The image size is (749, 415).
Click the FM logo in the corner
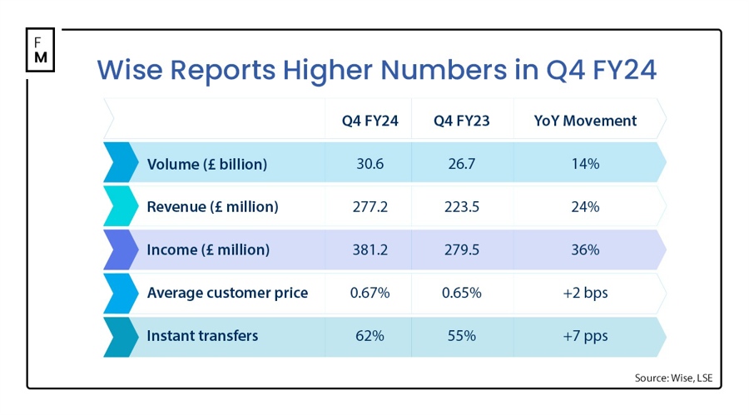point(41,50)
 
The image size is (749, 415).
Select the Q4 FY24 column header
point(370,121)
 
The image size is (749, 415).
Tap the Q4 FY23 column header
point(461,121)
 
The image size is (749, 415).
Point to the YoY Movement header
point(585,121)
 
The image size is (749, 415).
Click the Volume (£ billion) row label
point(206,164)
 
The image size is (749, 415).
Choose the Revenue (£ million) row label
point(212,207)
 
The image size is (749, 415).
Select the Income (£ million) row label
point(207,249)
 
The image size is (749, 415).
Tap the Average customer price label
point(227,293)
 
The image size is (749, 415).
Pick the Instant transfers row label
point(202,336)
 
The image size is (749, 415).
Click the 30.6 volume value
point(370,164)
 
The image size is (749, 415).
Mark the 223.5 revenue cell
point(461,207)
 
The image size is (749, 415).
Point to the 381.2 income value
point(370,249)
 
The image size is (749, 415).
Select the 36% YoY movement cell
point(585,249)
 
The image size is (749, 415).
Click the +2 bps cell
point(585,293)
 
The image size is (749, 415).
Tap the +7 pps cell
point(585,336)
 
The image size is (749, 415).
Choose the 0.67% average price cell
point(370,293)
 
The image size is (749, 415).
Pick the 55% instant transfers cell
point(461,336)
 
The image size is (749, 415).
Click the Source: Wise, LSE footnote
point(672,378)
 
